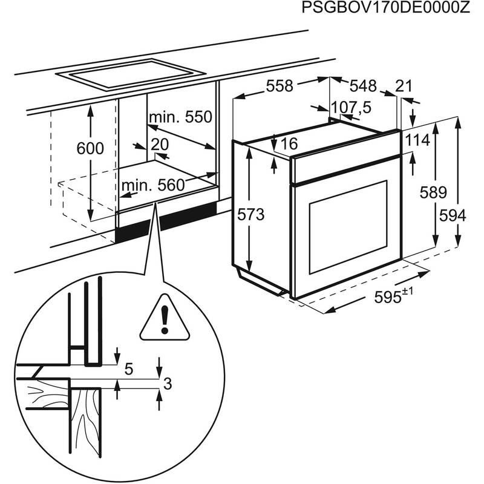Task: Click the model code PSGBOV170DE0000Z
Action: pos(385,9)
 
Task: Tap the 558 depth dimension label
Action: pos(279,87)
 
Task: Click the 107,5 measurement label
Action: pos(352,108)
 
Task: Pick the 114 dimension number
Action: pos(417,140)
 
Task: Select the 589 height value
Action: pos(434,193)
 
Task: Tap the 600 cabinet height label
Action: pos(91,148)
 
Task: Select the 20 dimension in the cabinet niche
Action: pos(160,145)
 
